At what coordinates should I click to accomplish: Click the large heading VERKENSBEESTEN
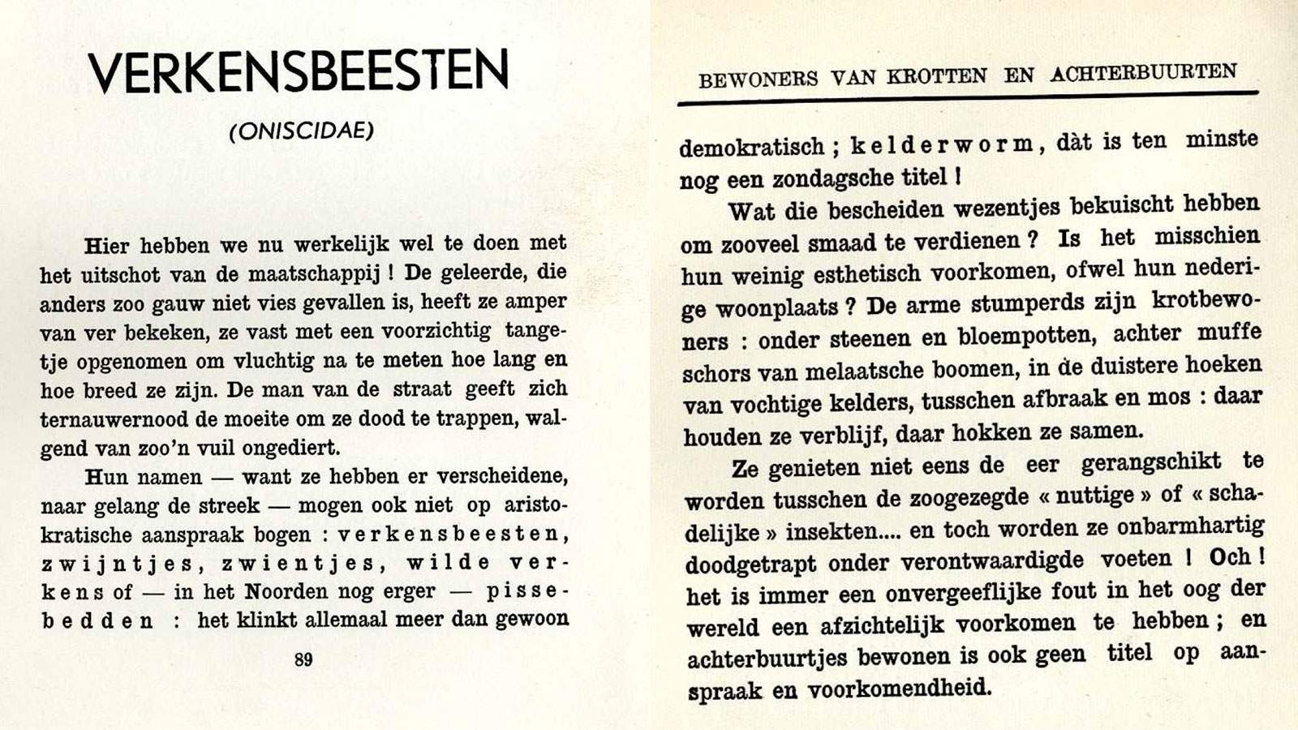(299, 71)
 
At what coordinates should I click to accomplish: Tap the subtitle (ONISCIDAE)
(302, 131)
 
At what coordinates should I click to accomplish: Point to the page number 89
(303, 659)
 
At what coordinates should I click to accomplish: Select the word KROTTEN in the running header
(937, 77)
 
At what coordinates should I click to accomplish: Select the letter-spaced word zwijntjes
(118, 564)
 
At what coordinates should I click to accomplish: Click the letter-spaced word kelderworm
(942, 145)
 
